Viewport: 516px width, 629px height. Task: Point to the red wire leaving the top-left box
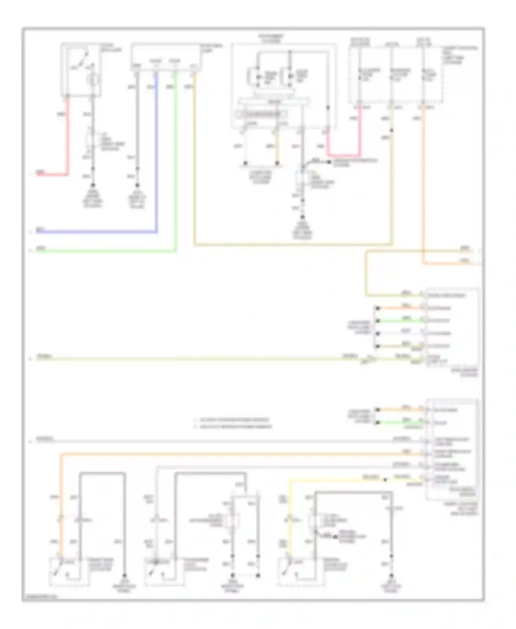point(68,138)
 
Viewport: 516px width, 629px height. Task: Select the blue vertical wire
point(157,155)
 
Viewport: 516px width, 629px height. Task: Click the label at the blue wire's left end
point(40,229)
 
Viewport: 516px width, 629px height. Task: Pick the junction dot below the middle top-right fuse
point(391,130)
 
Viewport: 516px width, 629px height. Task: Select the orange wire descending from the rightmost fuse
point(423,186)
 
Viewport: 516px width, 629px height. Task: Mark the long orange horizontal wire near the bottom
point(241,454)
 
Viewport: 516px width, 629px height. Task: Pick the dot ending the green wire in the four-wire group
point(378,321)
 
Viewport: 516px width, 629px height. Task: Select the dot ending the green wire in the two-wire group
point(378,423)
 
